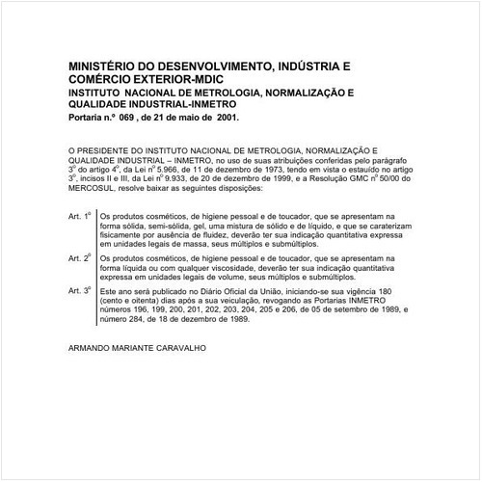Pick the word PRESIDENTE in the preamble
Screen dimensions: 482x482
[115, 152]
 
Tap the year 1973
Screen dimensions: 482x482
[284, 170]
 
